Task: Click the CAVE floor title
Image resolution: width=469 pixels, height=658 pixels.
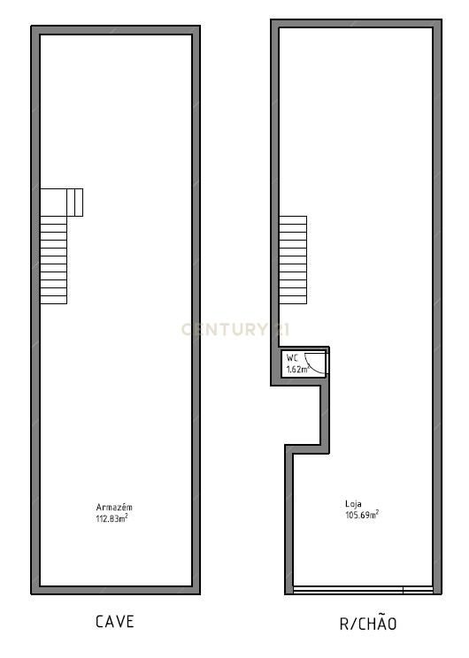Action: [115, 622]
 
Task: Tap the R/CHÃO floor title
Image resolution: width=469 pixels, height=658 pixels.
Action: [368, 624]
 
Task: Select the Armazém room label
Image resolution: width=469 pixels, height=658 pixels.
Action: [114, 507]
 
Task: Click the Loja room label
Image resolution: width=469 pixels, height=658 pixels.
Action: [353, 503]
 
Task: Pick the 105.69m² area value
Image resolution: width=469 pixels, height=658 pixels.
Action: [362, 514]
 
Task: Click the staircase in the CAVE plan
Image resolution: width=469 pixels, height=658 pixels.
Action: [53, 260]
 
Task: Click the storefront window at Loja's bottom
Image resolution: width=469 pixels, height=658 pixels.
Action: [363, 589]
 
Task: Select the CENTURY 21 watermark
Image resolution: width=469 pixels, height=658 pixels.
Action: [235, 329]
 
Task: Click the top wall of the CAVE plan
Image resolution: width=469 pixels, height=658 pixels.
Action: [115, 30]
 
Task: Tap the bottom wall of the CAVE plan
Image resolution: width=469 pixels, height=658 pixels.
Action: [115, 590]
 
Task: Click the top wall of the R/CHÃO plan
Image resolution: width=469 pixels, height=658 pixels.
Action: [356, 24]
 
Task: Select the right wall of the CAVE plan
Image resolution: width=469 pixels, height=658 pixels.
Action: [196, 310]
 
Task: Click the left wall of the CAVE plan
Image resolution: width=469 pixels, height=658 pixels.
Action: [35, 398]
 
